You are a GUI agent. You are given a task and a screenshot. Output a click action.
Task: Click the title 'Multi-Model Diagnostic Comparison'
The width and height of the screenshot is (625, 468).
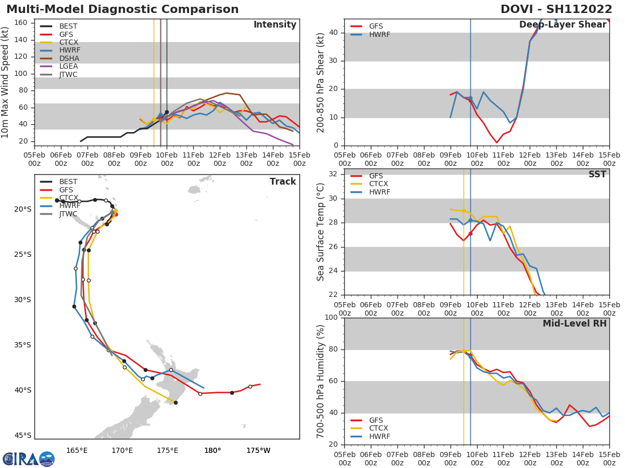point(122,9)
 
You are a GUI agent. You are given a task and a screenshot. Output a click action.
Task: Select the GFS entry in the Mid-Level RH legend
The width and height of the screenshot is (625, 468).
point(376,420)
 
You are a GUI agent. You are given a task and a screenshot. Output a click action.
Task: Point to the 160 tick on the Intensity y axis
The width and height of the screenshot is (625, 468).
point(21,23)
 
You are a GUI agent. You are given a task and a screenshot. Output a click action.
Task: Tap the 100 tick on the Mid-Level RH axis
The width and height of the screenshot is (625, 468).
point(331,318)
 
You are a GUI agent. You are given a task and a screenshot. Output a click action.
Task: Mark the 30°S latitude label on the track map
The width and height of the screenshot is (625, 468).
point(22,300)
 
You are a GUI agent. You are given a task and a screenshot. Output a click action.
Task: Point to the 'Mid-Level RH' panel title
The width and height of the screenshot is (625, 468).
point(574,323)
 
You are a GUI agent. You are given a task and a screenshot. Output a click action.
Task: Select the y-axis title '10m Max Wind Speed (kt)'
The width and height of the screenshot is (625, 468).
point(6,82)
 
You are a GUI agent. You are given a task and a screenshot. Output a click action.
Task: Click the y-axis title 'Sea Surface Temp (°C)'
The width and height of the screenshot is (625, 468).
point(321,232)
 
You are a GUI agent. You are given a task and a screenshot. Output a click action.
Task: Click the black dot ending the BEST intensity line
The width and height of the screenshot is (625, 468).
point(167,112)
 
